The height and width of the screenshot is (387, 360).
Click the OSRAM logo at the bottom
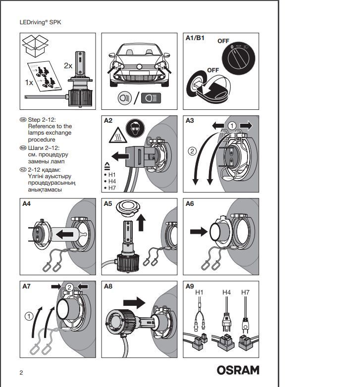click(238, 370)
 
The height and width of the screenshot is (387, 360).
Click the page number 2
click(21, 373)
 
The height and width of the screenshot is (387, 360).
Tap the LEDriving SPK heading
click(40, 22)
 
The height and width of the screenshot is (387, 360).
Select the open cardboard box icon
click(35, 46)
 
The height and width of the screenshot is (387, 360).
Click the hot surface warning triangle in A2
click(118, 135)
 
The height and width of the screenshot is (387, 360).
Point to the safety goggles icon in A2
click(135, 128)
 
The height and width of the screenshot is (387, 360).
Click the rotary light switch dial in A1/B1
click(239, 58)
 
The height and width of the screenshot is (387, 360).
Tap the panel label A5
click(108, 203)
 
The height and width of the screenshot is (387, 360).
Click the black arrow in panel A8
click(134, 302)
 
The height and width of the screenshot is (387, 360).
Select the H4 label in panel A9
click(226, 292)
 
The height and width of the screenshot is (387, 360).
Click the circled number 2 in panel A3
click(192, 151)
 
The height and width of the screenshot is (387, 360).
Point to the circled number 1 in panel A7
click(29, 316)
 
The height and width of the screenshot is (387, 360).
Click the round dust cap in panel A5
click(128, 207)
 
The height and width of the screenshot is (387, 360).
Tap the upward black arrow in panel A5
click(141, 222)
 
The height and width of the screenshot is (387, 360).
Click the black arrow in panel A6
click(199, 232)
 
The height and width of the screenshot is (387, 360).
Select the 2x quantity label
click(68, 66)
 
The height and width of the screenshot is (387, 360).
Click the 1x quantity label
click(29, 83)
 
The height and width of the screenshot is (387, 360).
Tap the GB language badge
click(23, 120)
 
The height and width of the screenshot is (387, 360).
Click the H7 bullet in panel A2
click(110, 188)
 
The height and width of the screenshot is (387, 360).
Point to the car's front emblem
click(139, 67)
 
